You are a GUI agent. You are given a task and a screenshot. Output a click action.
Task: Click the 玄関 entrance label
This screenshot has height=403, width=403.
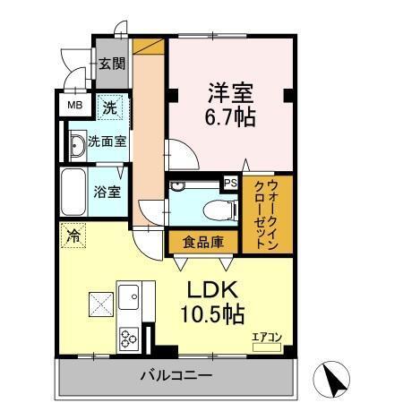[112, 64]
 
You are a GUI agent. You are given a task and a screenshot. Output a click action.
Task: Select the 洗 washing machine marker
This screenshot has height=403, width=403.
[108, 107]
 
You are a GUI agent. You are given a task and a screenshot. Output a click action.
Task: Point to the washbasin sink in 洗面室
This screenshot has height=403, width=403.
[75, 144]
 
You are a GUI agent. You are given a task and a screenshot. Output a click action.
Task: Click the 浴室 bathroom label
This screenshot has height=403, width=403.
[107, 192]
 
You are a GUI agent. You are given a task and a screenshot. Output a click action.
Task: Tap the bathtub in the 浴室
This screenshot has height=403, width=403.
[73, 192]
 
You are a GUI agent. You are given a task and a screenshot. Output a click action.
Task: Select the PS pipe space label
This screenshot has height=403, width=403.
[230, 183]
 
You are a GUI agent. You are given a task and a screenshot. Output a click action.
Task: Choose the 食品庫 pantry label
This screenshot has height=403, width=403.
[201, 242]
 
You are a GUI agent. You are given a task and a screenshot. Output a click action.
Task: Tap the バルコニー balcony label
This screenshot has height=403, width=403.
[176, 375]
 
